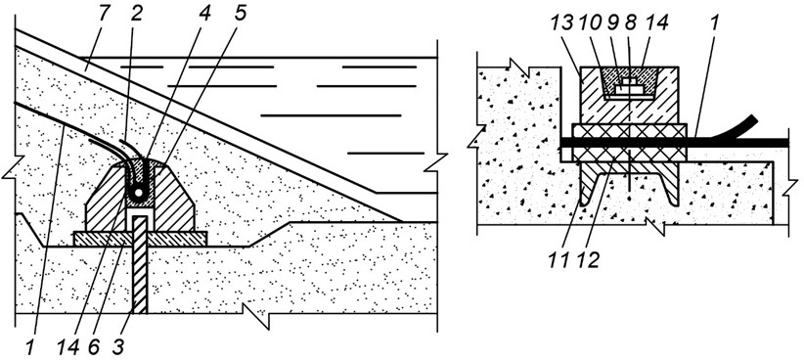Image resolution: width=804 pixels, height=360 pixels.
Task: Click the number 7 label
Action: (103, 15)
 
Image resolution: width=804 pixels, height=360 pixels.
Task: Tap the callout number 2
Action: (136, 15)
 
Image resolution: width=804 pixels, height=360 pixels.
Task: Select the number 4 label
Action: (204, 15)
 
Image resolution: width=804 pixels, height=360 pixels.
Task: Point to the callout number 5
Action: (239, 15)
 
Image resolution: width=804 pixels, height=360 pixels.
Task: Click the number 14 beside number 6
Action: (68, 346)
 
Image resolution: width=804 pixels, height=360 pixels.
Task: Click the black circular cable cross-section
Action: (137, 192)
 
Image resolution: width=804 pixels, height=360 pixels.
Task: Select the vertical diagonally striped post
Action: (140, 264)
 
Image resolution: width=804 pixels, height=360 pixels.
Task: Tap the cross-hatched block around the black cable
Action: (629, 143)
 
